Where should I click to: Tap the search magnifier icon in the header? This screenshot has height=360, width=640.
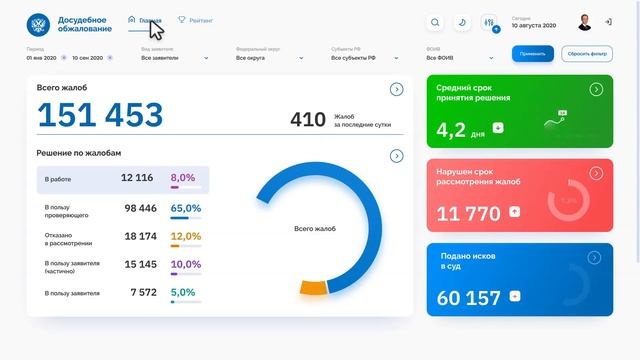point(435,22)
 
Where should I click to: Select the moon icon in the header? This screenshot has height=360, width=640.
point(462,22)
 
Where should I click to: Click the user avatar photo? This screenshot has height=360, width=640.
point(585,22)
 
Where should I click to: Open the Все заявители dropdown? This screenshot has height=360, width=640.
point(174,58)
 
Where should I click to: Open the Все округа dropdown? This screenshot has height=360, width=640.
point(269,58)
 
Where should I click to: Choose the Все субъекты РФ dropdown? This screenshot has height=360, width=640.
point(365,58)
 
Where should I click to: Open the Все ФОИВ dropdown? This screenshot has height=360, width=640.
point(460,58)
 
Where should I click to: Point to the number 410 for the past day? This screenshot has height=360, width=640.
point(308,120)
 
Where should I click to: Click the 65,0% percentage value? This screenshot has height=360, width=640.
point(186,208)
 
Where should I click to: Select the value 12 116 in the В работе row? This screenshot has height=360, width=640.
point(137,177)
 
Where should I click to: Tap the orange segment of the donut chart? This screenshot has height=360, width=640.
point(314,287)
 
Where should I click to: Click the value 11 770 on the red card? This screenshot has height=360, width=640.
point(469,212)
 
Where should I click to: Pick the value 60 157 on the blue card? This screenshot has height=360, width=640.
point(469,297)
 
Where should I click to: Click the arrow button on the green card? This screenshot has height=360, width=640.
point(596,90)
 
